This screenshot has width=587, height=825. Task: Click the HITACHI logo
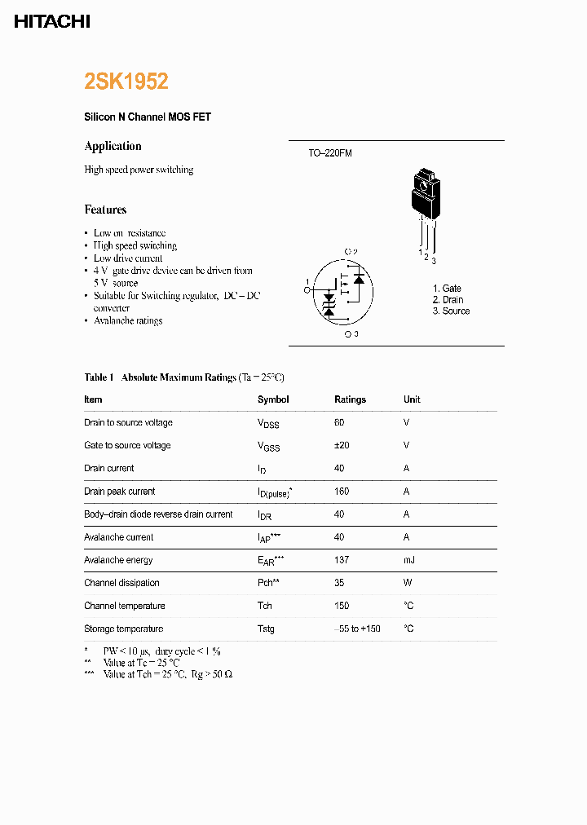click(x=52, y=22)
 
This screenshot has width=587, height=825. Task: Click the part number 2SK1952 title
click(x=126, y=82)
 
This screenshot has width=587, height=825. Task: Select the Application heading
click(x=113, y=146)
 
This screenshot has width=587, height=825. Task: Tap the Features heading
click(x=105, y=210)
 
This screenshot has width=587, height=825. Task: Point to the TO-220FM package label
click(x=330, y=153)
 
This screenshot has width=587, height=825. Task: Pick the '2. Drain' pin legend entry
click(x=448, y=300)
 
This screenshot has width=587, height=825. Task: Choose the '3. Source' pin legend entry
click(x=451, y=311)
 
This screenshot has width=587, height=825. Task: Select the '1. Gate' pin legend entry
click(x=447, y=289)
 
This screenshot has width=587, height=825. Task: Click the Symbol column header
click(x=273, y=399)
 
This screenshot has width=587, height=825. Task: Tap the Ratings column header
click(x=350, y=399)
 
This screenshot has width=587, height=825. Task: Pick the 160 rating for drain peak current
click(x=341, y=492)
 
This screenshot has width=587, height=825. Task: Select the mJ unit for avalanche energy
click(x=408, y=560)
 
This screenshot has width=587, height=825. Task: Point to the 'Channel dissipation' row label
click(x=121, y=583)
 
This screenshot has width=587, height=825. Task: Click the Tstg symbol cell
click(x=266, y=629)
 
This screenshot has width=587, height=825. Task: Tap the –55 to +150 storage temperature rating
click(x=357, y=629)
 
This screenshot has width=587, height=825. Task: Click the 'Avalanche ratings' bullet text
click(x=128, y=321)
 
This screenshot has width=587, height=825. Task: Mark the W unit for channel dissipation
click(x=407, y=583)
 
